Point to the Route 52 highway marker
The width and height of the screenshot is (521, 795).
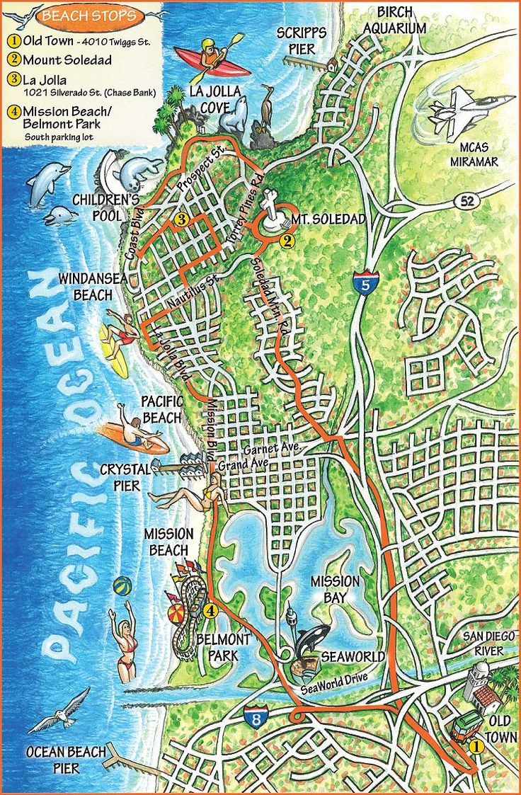point(466,201)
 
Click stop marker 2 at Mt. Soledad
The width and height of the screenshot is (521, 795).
point(287,241)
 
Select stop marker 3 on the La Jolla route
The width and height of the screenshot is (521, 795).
point(181,219)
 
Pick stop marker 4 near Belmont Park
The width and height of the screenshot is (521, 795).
point(210,610)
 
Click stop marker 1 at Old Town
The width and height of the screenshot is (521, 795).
point(476,745)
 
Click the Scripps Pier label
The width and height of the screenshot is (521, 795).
point(302,41)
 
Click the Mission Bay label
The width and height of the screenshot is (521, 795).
point(336,589)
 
